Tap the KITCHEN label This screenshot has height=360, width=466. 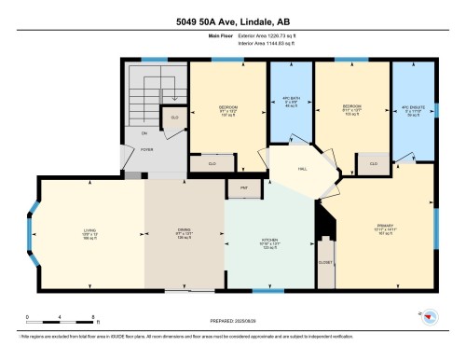(x=271, y=242)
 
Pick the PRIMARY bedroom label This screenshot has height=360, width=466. (x=377, y=226)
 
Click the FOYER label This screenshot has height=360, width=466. (x=146, y=148)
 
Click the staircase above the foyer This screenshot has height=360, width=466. (x=147, y=92)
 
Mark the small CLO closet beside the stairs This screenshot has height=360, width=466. (x=173, y=118)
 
